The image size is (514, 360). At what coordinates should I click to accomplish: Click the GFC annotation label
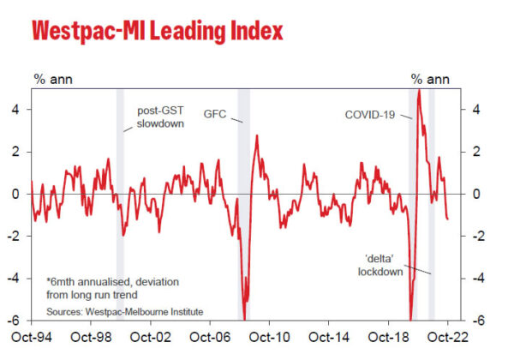click(215, 113)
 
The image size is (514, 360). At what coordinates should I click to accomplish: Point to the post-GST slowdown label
click(160, 118)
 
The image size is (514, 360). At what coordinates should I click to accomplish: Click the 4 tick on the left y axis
click(15, 109)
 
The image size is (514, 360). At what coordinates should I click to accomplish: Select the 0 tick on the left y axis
click(15, 194)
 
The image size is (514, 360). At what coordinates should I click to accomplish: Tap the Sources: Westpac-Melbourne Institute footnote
click(125, 311)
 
